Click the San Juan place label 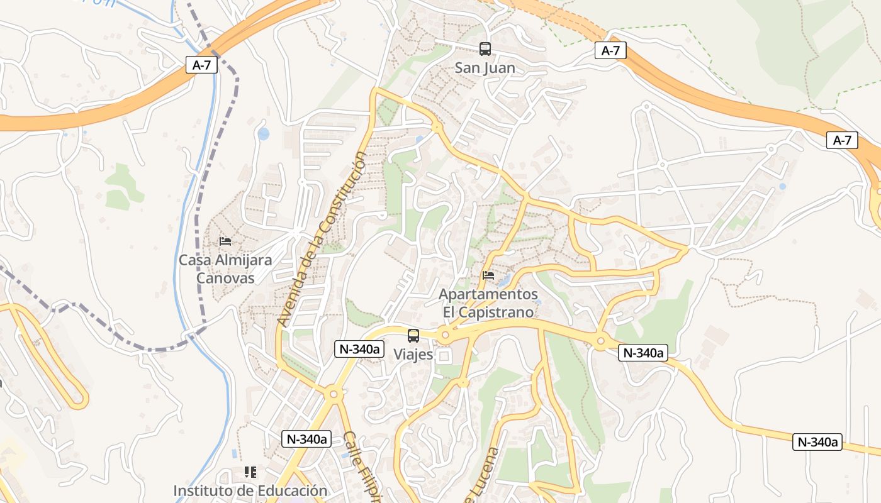[x=485, y=68]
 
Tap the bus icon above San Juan [x=485, y=48]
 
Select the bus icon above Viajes [x=413, y=336]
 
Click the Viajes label [x=413, y=354]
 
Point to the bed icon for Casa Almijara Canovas [x=225, y=241]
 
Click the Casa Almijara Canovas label [x=225, y=268]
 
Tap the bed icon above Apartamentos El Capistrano [x=488, y=275]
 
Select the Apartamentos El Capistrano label [x=488, y=303]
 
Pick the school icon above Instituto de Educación [x=250, y=472]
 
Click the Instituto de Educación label [x=250, y=490]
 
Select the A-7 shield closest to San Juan [x=610, y=51]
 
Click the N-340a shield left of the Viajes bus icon [x=359, y=349]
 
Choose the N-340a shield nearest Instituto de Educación [x=306, y=439]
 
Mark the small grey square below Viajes [x=444, y=357]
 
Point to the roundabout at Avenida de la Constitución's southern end [x=333, y=394]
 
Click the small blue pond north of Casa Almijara [x=263, y=134]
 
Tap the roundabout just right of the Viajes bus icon [x=446, y=335]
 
